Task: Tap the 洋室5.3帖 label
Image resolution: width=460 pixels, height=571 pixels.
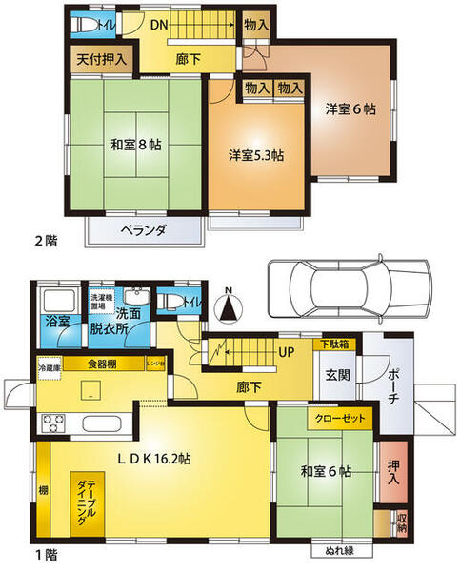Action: pyautogui.click(x=255, y=154)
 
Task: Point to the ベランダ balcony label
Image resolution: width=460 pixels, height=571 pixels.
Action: pyautogui.click(x=145, y=230)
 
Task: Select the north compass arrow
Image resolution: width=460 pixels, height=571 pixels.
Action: pyautogui.click(x=228, y=307)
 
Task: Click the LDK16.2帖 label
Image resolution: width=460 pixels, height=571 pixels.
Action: pyautogui.click(x=156, y=459)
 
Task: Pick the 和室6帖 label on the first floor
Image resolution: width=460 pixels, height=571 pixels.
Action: pyautogui.click(x=327, y=471)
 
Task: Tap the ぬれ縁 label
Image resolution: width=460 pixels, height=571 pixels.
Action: pyautogui.click(x=334, y=550)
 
